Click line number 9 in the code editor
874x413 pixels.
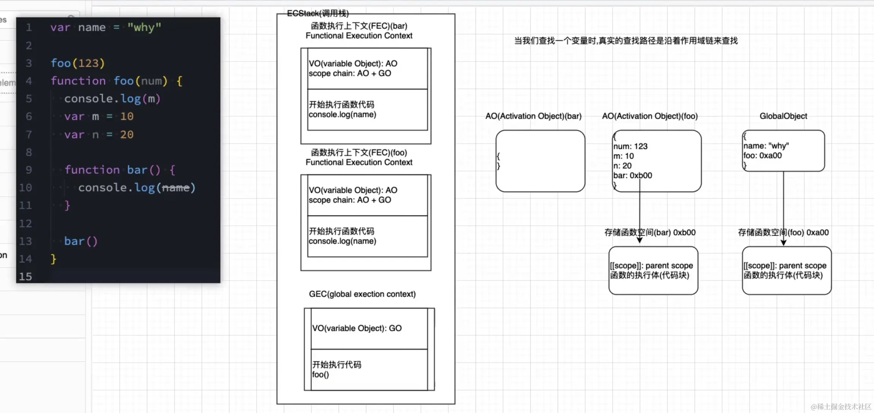(29, 170)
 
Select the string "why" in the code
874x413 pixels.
(144, 27)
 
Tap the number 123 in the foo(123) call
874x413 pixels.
(88, 63)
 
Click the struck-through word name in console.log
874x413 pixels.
(176, 187)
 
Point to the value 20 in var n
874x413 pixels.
(127, 134)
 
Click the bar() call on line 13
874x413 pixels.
(81, 241)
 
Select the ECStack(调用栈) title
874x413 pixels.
(318, 13)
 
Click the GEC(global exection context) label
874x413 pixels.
(362, 294)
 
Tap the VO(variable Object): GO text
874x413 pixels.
(357, 328)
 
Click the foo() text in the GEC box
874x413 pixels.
(320, 375)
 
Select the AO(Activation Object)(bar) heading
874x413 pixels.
(533, 116)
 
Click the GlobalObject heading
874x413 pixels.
(783, 116)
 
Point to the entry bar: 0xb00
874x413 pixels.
(632, 175)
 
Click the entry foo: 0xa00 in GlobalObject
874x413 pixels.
(763, 156)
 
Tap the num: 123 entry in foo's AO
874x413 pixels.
(630, 146)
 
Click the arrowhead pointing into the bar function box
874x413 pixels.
(640, 240)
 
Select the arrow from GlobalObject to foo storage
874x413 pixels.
(783, 208)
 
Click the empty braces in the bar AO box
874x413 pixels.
(498, 161)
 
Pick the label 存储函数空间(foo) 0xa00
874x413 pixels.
(783, 232)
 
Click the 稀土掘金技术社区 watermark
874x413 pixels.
(841, 407)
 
